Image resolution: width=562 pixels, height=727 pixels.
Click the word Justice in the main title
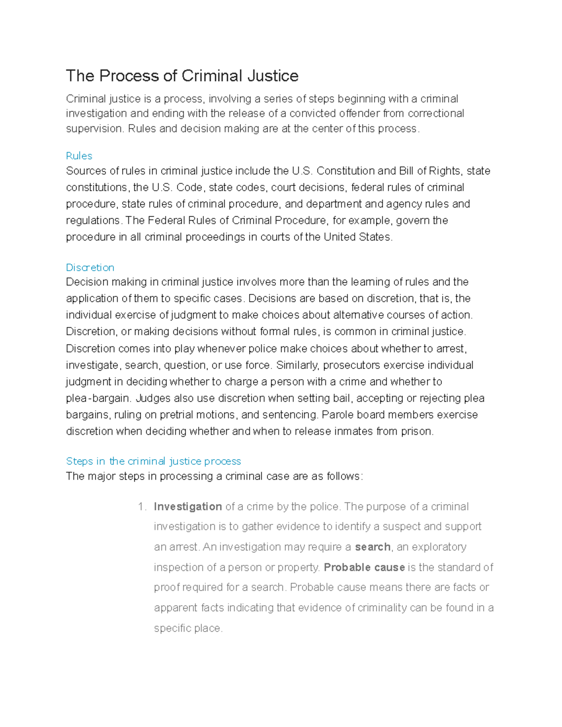point(273,76)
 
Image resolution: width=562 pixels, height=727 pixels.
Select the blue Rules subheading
point(79,156)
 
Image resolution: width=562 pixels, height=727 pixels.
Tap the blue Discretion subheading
point(90,267)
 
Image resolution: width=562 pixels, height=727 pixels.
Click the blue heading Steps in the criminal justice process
point(153,461)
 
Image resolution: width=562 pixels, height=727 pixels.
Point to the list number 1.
point(142,507)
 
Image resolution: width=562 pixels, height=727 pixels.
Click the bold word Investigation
point(188,507)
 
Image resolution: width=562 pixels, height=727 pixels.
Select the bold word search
point(373,547)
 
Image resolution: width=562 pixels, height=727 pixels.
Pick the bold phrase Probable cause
point(364,567)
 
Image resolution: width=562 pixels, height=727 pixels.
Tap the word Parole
point(337,415)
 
